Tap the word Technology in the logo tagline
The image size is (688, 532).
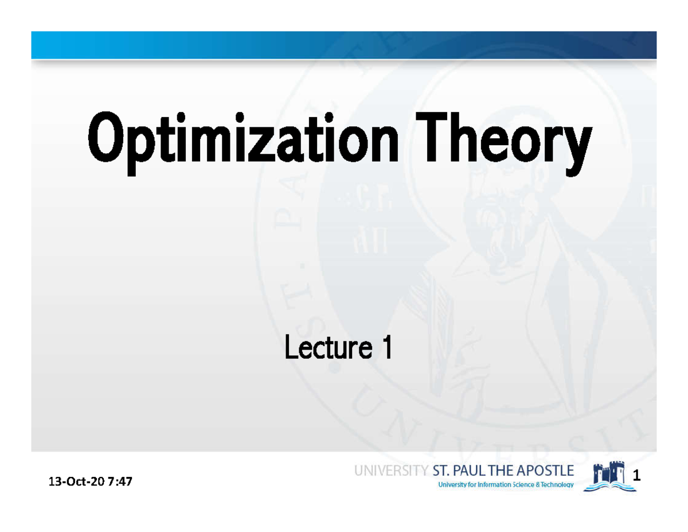(554, 485)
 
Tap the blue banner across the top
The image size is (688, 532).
(344, 45)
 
